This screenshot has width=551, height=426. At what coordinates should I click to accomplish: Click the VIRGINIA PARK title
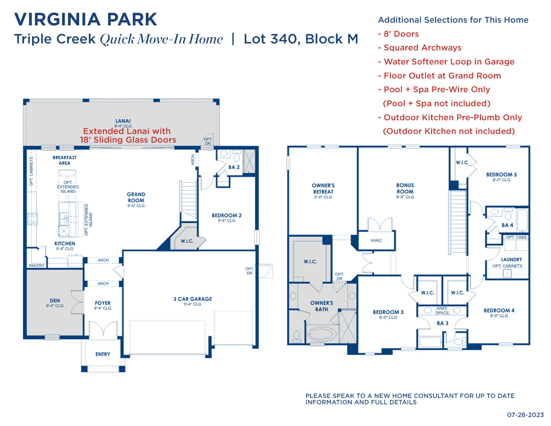85,19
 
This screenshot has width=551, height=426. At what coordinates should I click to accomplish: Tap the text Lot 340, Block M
301,39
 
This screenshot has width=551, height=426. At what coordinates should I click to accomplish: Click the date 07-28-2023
525,415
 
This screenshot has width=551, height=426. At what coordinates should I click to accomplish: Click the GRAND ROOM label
136,197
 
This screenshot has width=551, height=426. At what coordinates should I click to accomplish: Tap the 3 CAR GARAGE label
193,299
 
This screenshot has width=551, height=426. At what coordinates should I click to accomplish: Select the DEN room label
55,301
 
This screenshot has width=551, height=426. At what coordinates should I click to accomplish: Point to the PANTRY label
37,266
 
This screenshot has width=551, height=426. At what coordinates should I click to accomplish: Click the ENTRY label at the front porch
103,354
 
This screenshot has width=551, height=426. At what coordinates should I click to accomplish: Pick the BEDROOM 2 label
226,216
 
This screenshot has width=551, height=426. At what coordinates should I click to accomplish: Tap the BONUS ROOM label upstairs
405,188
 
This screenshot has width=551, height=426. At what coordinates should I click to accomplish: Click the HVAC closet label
376,241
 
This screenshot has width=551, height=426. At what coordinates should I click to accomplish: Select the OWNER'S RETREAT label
323,189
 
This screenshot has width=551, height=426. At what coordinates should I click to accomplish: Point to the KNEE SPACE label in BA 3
442,311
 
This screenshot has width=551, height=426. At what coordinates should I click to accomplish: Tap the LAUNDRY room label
511,260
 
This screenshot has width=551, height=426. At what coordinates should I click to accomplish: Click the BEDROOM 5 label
501,175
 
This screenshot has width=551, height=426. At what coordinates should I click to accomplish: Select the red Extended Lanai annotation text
128,136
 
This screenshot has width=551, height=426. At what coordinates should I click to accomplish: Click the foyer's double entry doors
103,329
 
